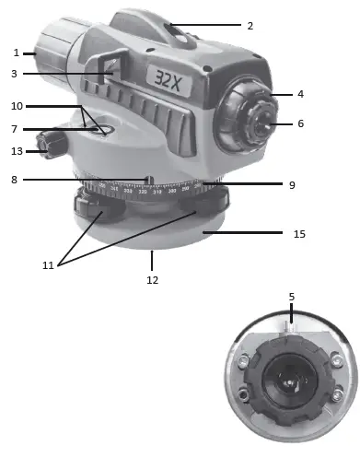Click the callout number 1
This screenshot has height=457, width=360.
[x=16, y=53]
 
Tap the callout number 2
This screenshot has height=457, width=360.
[x=249, y=26]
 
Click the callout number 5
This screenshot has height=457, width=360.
[x=291, y=297]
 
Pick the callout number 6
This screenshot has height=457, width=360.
[x=299, y=123]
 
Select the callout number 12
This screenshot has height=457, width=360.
[x=152, y=279]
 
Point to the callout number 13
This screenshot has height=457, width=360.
[x=16, y=150]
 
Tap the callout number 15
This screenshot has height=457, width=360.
[x=298, y=234]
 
